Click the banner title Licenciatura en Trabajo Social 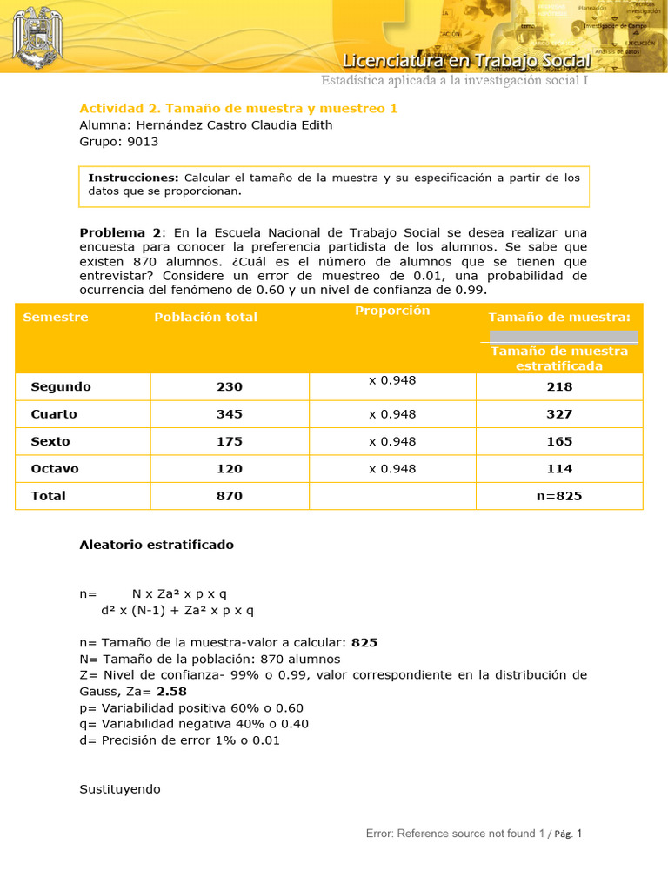tap(467, 61)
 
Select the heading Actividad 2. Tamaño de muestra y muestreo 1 tap(238, 109)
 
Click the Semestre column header tap(56, 317)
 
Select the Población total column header tap(205, 317)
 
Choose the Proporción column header tap(392, 311)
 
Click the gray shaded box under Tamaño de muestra tap(563, 336)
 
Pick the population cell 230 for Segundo tap(230, 386)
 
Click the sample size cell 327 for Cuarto tap(559, 414)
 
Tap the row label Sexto tap(50, 441)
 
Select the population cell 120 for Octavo tap(230, 468)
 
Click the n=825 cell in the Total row tap(559, 496)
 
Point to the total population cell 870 tap(230, 496)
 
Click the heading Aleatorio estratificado tap(157, 545)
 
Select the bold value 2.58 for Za tap(172, 692)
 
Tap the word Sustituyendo tap(120, 789)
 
